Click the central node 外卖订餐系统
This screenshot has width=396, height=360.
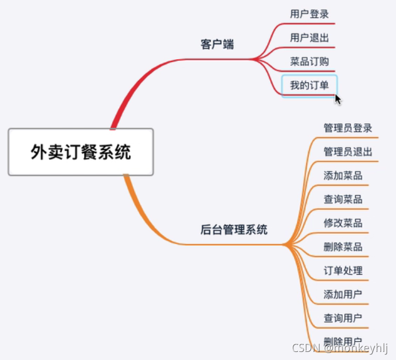80,152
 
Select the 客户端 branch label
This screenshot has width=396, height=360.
217,44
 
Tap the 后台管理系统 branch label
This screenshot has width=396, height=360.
234,230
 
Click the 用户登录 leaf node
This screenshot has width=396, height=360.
309,14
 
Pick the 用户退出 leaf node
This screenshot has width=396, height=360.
309,38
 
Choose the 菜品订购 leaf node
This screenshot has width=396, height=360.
309,61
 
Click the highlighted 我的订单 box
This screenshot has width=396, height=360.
309,86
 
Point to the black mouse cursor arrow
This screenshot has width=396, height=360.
338,99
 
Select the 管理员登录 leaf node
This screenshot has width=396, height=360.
348,128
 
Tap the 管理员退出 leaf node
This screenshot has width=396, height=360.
348,152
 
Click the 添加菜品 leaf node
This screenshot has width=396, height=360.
343,175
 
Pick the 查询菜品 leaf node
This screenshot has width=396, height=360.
343,199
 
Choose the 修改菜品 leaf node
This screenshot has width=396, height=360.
343,223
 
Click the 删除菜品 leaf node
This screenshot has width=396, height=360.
343,247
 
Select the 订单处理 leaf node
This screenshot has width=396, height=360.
343,271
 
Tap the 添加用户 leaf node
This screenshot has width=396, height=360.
343,295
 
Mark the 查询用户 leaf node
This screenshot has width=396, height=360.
343,318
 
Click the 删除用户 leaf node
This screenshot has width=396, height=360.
343,341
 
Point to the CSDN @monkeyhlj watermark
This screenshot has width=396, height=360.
340,348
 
